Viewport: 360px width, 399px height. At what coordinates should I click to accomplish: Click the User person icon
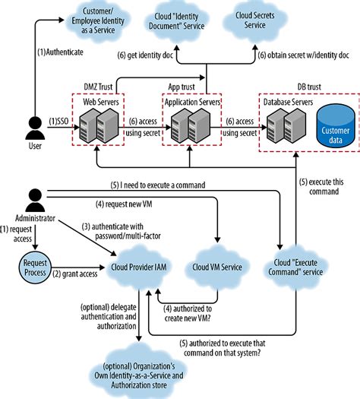33,125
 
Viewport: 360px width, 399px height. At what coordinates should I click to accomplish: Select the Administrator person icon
33,200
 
